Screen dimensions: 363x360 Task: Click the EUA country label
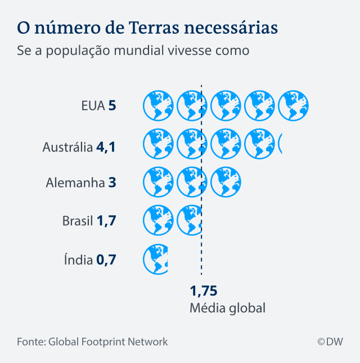[x=93, y=105]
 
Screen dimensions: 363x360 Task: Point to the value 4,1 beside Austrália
[x=106, y=147]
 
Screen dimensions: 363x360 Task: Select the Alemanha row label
[x=75, y=183]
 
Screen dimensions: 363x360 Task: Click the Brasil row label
[x=78, y=221]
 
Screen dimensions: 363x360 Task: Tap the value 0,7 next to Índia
[x=106, y=260]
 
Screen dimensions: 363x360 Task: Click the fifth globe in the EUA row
[x=293, y=105]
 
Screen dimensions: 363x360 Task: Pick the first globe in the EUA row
[x=158, y=105]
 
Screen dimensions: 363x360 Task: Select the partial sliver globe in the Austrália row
[x=281, y=144]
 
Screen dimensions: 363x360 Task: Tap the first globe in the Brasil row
[x=158, y=220]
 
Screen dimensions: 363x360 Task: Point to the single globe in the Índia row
[x=156, y=259]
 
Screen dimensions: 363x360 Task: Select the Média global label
[x=227, y=308]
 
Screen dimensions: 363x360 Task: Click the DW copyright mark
[x=330, y=341]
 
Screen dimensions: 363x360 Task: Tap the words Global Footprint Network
[x=108, y=341]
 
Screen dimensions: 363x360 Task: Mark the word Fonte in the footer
[x=30, y=341]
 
